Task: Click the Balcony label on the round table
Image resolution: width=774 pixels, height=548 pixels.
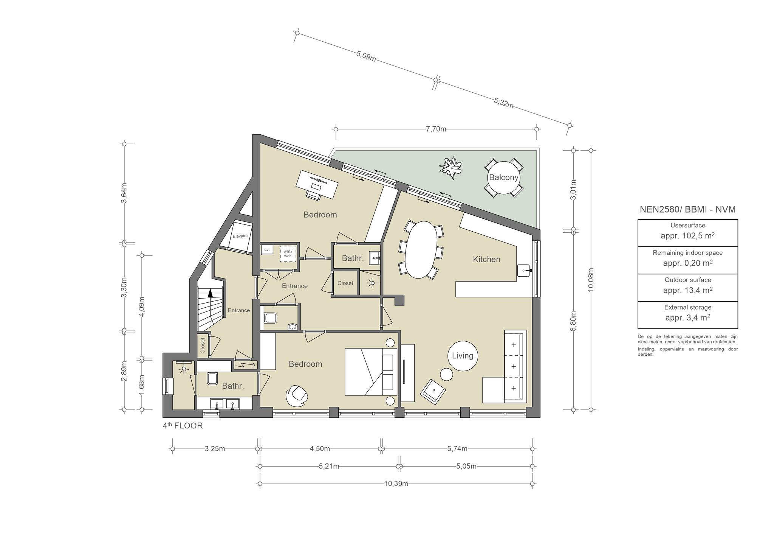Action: click(503, 177)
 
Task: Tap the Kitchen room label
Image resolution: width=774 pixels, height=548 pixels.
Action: click(486, 259)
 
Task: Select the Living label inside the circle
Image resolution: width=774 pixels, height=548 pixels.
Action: click(463, 356)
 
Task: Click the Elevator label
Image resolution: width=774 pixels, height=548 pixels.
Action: click(240, 236)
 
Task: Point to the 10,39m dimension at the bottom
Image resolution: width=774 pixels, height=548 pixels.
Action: click(396, 483)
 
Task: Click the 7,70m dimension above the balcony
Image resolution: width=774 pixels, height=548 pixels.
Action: click(436, 129)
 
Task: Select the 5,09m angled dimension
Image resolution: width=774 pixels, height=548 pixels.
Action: click(366, 56)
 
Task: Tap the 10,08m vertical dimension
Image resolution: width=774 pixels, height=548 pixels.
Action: click(591, 279)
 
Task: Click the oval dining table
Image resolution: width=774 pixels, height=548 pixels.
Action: click(421, 250)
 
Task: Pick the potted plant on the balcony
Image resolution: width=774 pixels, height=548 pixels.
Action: click(450, 168)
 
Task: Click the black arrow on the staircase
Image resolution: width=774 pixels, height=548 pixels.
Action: click(210, 292)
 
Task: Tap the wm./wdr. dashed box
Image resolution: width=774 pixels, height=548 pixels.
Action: click(288, 254)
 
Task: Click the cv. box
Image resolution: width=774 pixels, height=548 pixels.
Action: click(267, 250)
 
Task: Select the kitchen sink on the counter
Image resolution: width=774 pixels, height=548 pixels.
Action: click(525, 270)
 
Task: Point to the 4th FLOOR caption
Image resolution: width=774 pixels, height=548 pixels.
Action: click(183, 425)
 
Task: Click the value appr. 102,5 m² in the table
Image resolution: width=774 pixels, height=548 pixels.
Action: click(687, 236)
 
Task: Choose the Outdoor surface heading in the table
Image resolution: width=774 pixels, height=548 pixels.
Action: click(688, 280)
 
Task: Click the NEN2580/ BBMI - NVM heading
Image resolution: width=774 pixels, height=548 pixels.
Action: click(687, 209)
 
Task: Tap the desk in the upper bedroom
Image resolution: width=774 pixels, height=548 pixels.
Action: click(317, 184)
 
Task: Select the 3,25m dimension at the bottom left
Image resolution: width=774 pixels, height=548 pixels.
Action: click(215, 449)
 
